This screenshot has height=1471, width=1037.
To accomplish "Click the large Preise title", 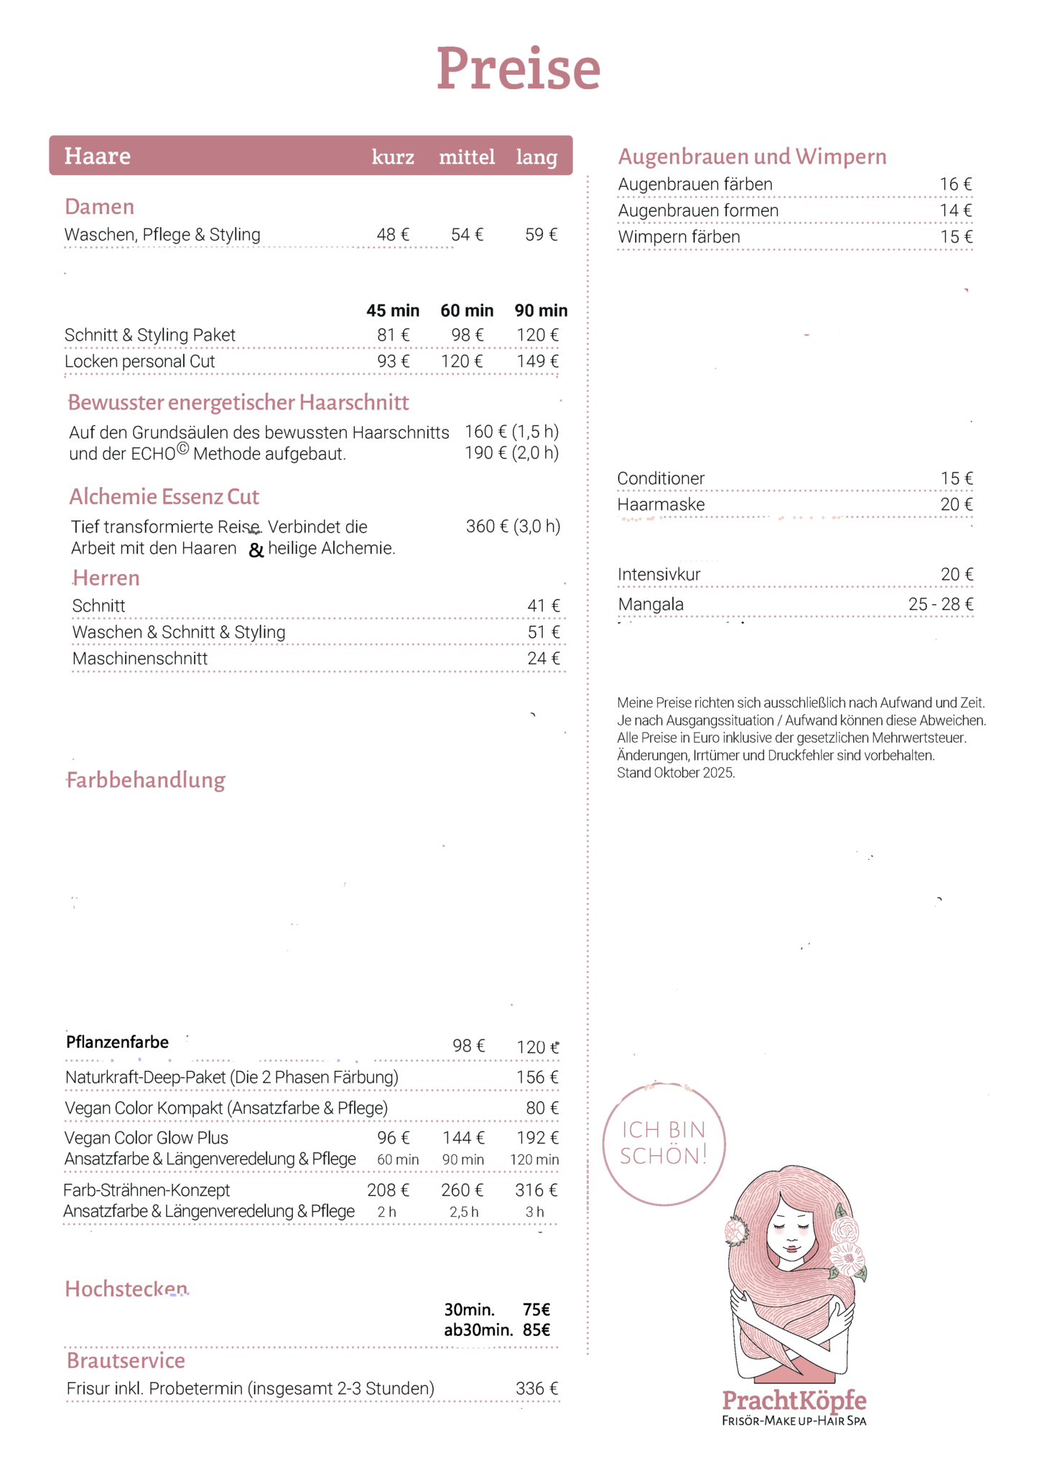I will (x=518, y=68).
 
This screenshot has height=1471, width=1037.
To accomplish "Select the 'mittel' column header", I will (x=467, y=157).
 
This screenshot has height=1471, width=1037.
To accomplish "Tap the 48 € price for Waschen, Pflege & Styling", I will (x=393, y=235).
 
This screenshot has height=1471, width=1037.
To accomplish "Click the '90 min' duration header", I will (x=541, y=310).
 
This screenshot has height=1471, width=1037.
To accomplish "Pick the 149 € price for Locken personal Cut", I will (x=537, y=361).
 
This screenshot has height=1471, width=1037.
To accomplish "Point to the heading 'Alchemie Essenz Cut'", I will (x=164, y=496).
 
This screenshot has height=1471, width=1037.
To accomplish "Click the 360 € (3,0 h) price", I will (x=513, y=526).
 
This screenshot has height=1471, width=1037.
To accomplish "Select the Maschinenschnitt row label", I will (x=140, y=659).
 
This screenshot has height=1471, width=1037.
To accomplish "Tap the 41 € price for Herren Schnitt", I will (x=544, y=606).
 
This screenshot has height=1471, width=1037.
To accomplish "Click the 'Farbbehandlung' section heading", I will (x=146, y=780).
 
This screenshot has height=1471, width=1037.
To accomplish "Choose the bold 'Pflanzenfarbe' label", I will (x=117, y=1042).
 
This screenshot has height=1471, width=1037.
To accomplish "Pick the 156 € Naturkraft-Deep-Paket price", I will (x=537, y=1077).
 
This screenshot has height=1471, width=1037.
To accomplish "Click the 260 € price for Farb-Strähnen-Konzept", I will (x=462, y=1190).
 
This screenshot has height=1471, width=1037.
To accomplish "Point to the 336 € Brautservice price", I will (x=536, y=1388).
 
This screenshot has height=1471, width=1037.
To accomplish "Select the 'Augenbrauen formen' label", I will (x=698, y=211).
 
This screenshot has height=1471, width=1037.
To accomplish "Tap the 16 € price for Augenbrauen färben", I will (x=956, y=185).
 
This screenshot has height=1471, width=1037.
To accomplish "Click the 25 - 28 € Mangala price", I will (x=941, y=604).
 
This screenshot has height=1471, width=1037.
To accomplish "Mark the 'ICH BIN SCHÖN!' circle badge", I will (x=664, y=1143).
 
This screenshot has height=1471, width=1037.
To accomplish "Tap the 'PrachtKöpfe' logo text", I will (x=794, y=1400).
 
